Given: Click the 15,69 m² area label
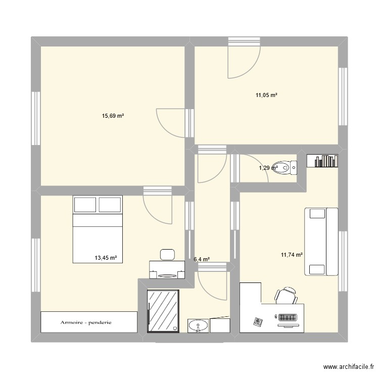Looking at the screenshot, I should (113, 116).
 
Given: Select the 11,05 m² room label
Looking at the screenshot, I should (266, 95).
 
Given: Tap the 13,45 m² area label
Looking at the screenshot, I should (106, 258).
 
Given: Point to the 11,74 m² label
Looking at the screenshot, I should (292, 255).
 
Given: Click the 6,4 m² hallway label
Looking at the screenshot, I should (202, 260).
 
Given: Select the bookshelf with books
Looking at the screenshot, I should (322, 160).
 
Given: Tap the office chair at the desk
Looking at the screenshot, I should (286, 295).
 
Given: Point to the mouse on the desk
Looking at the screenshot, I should (276, 317).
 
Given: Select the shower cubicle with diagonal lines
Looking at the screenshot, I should (163, 311).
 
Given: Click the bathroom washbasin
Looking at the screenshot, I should (198, 326).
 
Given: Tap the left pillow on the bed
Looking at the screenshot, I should (85, 205).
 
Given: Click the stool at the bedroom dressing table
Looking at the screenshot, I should (166, 254).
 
